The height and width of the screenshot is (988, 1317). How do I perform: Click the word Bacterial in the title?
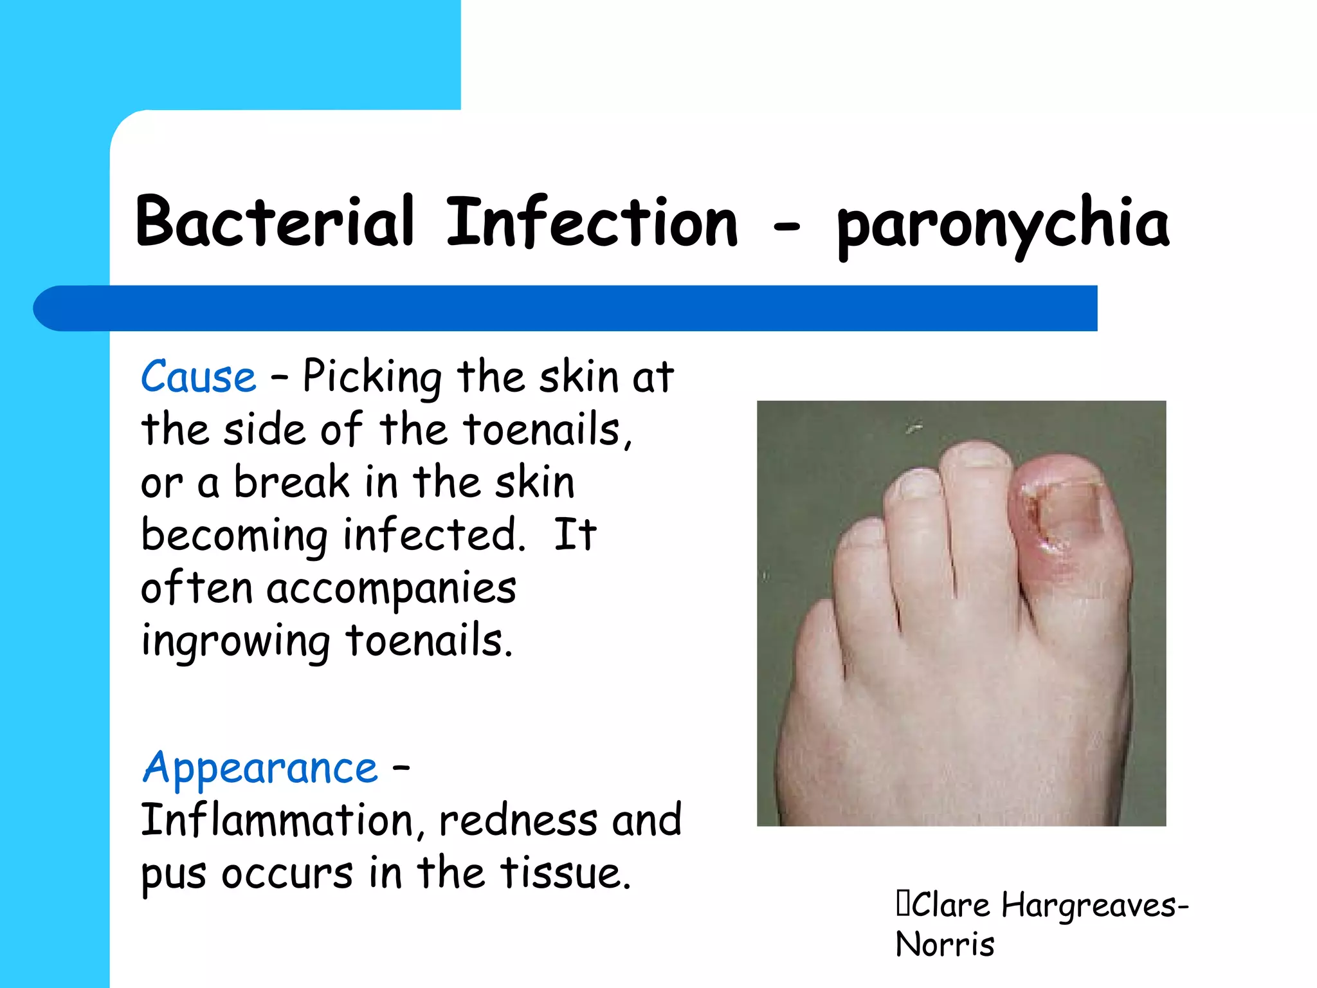coord(275,222)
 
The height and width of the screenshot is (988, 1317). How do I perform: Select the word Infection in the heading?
coord(592,222)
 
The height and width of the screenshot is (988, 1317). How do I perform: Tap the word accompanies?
coord(391,589)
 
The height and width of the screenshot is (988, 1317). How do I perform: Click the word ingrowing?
coord(235,642)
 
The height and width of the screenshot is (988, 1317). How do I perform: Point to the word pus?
coord(174,875)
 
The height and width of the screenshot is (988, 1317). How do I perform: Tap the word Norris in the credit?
coord(945,944)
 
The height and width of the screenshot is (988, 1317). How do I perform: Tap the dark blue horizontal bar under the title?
coord(566,308)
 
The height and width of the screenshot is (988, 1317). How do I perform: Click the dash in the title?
coord(786,226)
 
